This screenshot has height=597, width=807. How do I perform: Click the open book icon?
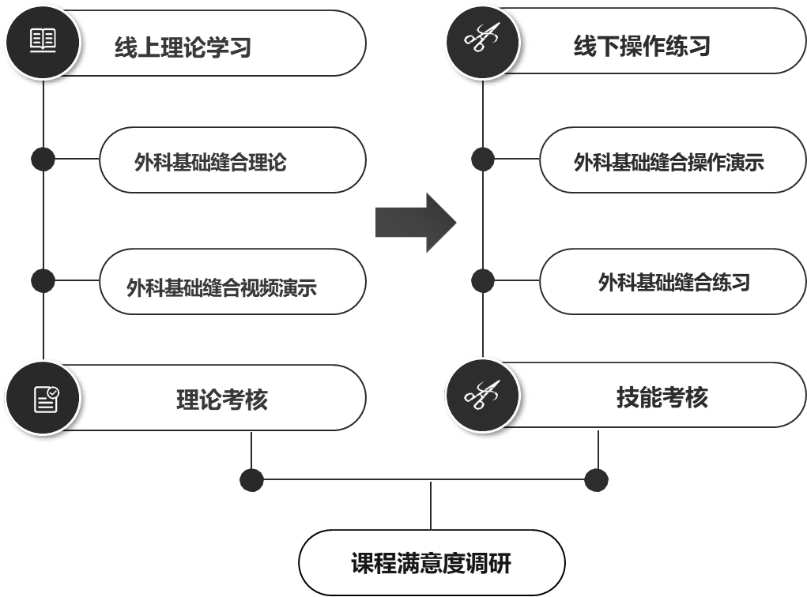point(43,41)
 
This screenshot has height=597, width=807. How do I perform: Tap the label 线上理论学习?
point(183,47)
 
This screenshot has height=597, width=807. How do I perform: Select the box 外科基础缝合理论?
point(232,160)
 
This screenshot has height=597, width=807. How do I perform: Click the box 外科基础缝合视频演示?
point(232,283)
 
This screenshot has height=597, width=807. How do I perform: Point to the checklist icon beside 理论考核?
point(45,397)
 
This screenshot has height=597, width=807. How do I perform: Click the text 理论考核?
point(221,400)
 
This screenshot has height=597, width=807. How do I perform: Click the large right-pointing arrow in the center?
point(416,223)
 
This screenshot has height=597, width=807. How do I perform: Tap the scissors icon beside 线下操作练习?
point(483,39)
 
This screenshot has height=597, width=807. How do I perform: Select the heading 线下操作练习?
point(642,46)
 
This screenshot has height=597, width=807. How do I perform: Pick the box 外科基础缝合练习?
point(673,283)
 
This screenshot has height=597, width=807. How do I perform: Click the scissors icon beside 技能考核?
point(483,395)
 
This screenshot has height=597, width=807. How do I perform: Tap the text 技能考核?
point(662,397)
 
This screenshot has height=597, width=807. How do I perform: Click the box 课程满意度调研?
point(442,563)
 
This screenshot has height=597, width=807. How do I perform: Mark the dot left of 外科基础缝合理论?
point(43,159)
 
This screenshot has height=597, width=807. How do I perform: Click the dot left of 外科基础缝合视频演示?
point(43,280)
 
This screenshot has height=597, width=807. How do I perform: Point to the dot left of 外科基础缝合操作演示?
point(483,159)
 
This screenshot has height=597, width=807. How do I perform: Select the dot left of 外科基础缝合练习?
point(483,280)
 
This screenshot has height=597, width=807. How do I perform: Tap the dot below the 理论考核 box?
point(251,479)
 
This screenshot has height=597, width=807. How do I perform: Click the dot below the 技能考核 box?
point(596,479)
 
